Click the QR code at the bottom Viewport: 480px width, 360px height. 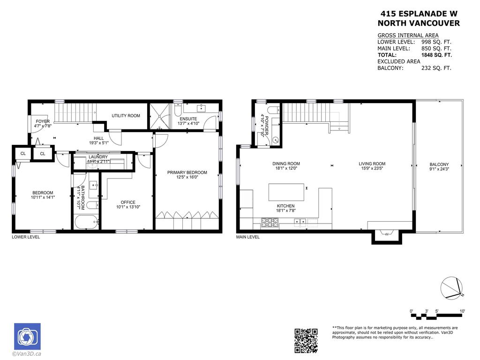306,340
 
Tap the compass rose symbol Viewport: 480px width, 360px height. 452,288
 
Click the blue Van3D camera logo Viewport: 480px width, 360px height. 27,337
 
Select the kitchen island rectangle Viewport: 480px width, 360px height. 286,192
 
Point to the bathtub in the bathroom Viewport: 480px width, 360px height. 86,222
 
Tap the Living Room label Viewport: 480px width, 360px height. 372,164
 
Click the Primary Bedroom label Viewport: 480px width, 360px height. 187,172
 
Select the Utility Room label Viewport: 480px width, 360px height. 126,116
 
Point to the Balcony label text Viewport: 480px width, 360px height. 439,165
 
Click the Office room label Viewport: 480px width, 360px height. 128,202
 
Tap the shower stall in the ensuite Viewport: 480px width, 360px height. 160,116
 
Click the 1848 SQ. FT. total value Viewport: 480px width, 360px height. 436,55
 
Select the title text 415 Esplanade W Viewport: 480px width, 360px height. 419,14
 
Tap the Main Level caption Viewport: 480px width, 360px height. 248,237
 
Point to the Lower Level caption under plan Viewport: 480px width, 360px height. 26,237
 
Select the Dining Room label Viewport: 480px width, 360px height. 286,164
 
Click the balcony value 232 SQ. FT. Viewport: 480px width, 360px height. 436,68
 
